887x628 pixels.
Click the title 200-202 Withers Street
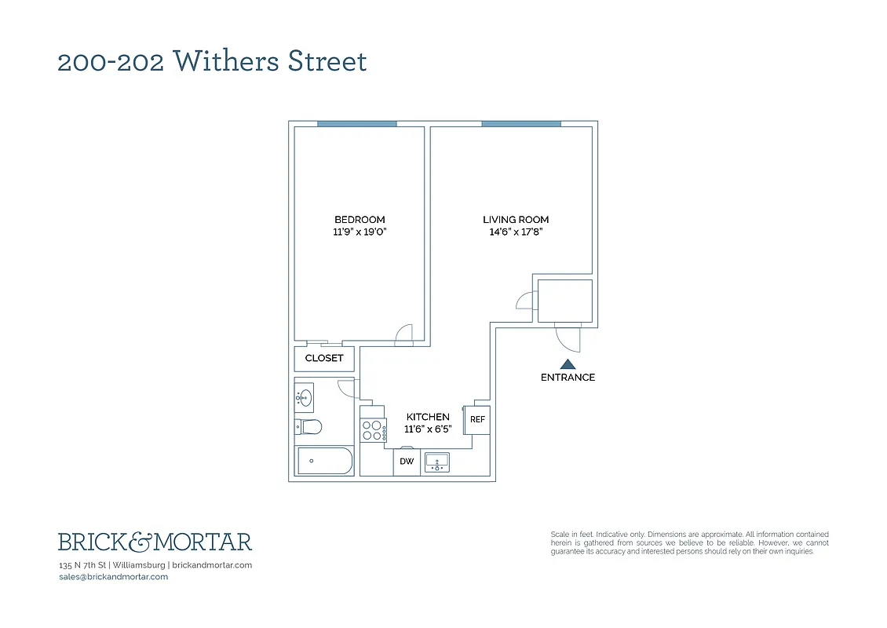click(x=212, y=61)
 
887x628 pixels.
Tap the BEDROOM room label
click(x=360, y=220)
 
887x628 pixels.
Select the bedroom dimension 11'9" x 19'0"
click(x=360, y=232)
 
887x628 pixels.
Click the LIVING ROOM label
click(x=516, y=220)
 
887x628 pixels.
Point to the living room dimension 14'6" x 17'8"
click(x=516, y=232)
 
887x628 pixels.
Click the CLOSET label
click(x=324, y=358)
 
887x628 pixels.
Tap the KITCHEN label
click(x=428, y=417)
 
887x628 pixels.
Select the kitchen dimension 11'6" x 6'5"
click(x=428, y=429)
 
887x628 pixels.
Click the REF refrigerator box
click(x=477, y=420)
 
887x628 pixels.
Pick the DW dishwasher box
click(x=407, y=462)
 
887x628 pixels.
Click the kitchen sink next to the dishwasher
click(x=437, y=462)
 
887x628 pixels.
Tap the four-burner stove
click(x=373, y=429)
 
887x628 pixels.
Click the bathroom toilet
click(x=308, y=427)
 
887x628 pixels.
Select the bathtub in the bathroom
click(x=324, y=461)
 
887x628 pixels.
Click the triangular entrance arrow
click(x=568, y=364)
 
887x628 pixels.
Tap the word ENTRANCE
click(x=568, y=378)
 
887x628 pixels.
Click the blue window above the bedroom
click(x=356, y=123)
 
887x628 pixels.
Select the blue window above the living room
click(x=521, y=123)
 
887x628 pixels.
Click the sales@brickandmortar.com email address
click(x=113, y=577)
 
